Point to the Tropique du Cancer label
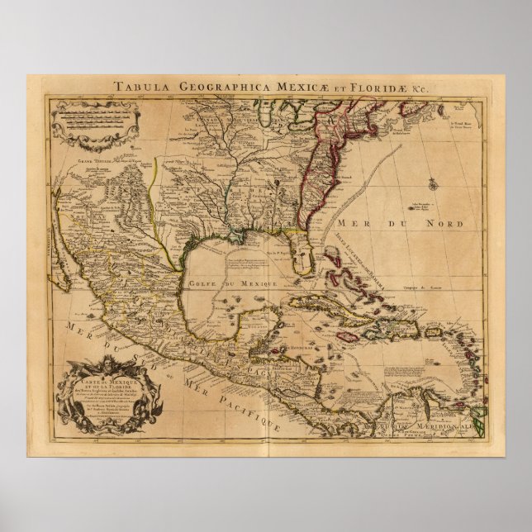[x=420, y=286]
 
